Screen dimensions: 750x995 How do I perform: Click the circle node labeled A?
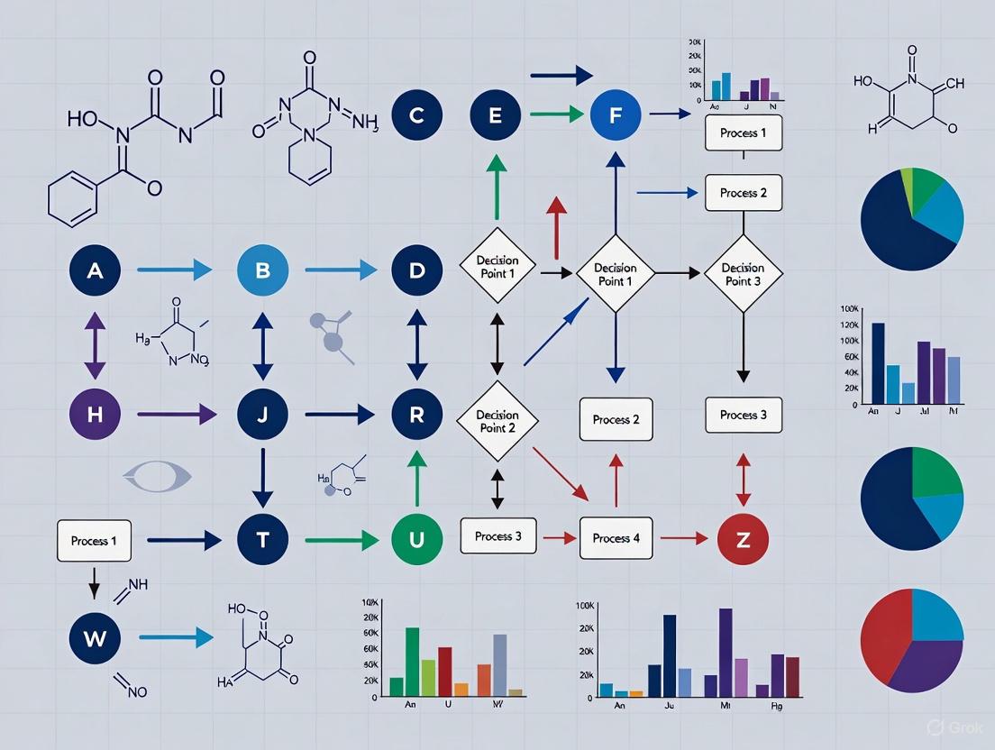[x=96, y=270]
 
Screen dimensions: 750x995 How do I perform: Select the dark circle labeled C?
[x=417, y=114]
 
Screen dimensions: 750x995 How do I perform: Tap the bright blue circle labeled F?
[x=616, y=114]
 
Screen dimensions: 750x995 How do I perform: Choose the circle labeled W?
[x=95, y=638]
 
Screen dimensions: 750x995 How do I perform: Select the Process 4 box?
[x=616, y=538]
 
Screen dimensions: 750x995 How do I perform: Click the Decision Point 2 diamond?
[x=497, y=420]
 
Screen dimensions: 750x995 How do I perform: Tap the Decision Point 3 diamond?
[x=743, y=273]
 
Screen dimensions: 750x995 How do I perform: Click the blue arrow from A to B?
[x=174, y=270]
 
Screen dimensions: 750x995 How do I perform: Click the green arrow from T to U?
[x=341, y=540]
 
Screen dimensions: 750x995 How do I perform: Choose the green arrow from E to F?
[x=555, y=114]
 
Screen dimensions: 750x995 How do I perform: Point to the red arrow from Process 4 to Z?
[x=684, y=539]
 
